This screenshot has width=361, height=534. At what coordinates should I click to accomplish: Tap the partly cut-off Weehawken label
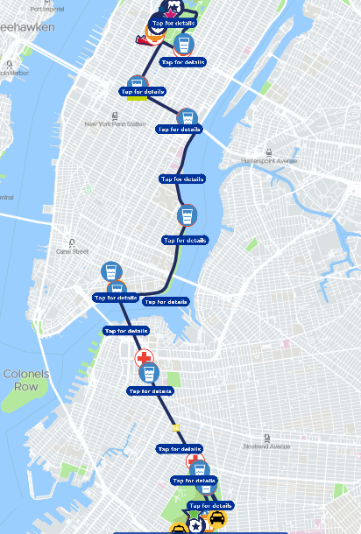click(x=26, y=27)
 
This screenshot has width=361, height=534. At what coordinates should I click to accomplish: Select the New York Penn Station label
click(x=115, y=124)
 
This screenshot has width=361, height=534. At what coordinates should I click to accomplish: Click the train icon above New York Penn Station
click(x=115, y=115)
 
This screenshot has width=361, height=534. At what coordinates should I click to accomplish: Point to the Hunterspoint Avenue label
click(x=270, y=161)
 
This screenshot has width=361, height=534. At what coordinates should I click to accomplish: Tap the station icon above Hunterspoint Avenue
click(x=269, y=151)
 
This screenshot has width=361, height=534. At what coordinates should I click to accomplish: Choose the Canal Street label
click(x=73, y=251)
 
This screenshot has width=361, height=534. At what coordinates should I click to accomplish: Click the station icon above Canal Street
click(x=73, y=242)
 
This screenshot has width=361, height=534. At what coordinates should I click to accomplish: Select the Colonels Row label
click(x=25, y=380)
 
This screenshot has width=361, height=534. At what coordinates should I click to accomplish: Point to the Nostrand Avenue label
click(x=266, y=446)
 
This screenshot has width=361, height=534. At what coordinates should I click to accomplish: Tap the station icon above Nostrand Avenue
click(x=266, y=437)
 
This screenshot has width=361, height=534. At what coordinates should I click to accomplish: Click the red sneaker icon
click(x=140, y=39)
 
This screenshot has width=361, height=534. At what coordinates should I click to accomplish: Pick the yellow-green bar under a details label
click(x=136, y=97)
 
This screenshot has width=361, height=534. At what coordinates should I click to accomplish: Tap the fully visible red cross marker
click(x=144, y=358)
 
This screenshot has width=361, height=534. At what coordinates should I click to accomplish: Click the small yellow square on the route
click(x=176, y=428)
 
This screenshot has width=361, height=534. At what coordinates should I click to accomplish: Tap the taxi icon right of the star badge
click(x=216, y=519)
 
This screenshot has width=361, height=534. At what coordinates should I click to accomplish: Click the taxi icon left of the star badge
click(x=178, y=529)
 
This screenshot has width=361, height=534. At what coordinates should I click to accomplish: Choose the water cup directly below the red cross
click(x=149, y=375)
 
